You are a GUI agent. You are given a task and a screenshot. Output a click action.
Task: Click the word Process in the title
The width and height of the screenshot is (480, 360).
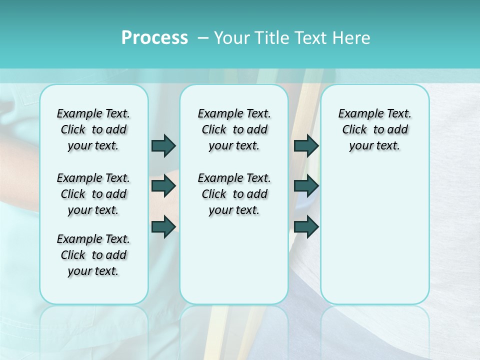click(x=154, y=38)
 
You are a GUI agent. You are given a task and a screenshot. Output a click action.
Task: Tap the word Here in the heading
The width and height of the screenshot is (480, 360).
click(x=351, y=38)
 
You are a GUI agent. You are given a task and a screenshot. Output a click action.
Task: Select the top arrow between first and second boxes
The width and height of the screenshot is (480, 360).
click(x=163, y=145)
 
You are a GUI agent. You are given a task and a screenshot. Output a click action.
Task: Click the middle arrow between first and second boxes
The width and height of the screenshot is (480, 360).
click(x=163, y=186)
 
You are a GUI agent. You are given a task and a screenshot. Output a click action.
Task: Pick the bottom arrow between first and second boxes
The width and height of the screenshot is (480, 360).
click(x=163, y=226)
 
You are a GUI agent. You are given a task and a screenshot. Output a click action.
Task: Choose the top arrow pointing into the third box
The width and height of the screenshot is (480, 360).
click(x=306, y=145)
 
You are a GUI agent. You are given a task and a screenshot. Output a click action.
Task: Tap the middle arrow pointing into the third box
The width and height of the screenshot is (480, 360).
click(x=306, y=186)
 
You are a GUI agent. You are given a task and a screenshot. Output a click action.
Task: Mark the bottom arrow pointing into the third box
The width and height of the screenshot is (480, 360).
click(x=306, y=226)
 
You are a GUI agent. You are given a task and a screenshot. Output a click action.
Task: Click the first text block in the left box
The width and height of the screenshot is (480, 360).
click(x=93, y=129)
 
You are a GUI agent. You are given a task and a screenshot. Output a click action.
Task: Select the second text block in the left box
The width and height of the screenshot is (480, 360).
click(x=93, y=194)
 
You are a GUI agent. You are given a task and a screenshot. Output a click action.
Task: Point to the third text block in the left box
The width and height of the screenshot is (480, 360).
click(x=93, y=255)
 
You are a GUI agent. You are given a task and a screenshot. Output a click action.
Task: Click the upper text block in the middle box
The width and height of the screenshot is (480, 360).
click(x=234, y=129)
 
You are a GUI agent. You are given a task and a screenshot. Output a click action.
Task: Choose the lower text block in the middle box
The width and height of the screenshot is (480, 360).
click(x=234, y=194)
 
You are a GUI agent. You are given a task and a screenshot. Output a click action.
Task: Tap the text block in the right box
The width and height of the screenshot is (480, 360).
click(x=374, y=129)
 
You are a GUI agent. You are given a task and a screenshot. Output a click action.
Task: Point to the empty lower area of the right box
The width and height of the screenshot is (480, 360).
click(x=374, y=235)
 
